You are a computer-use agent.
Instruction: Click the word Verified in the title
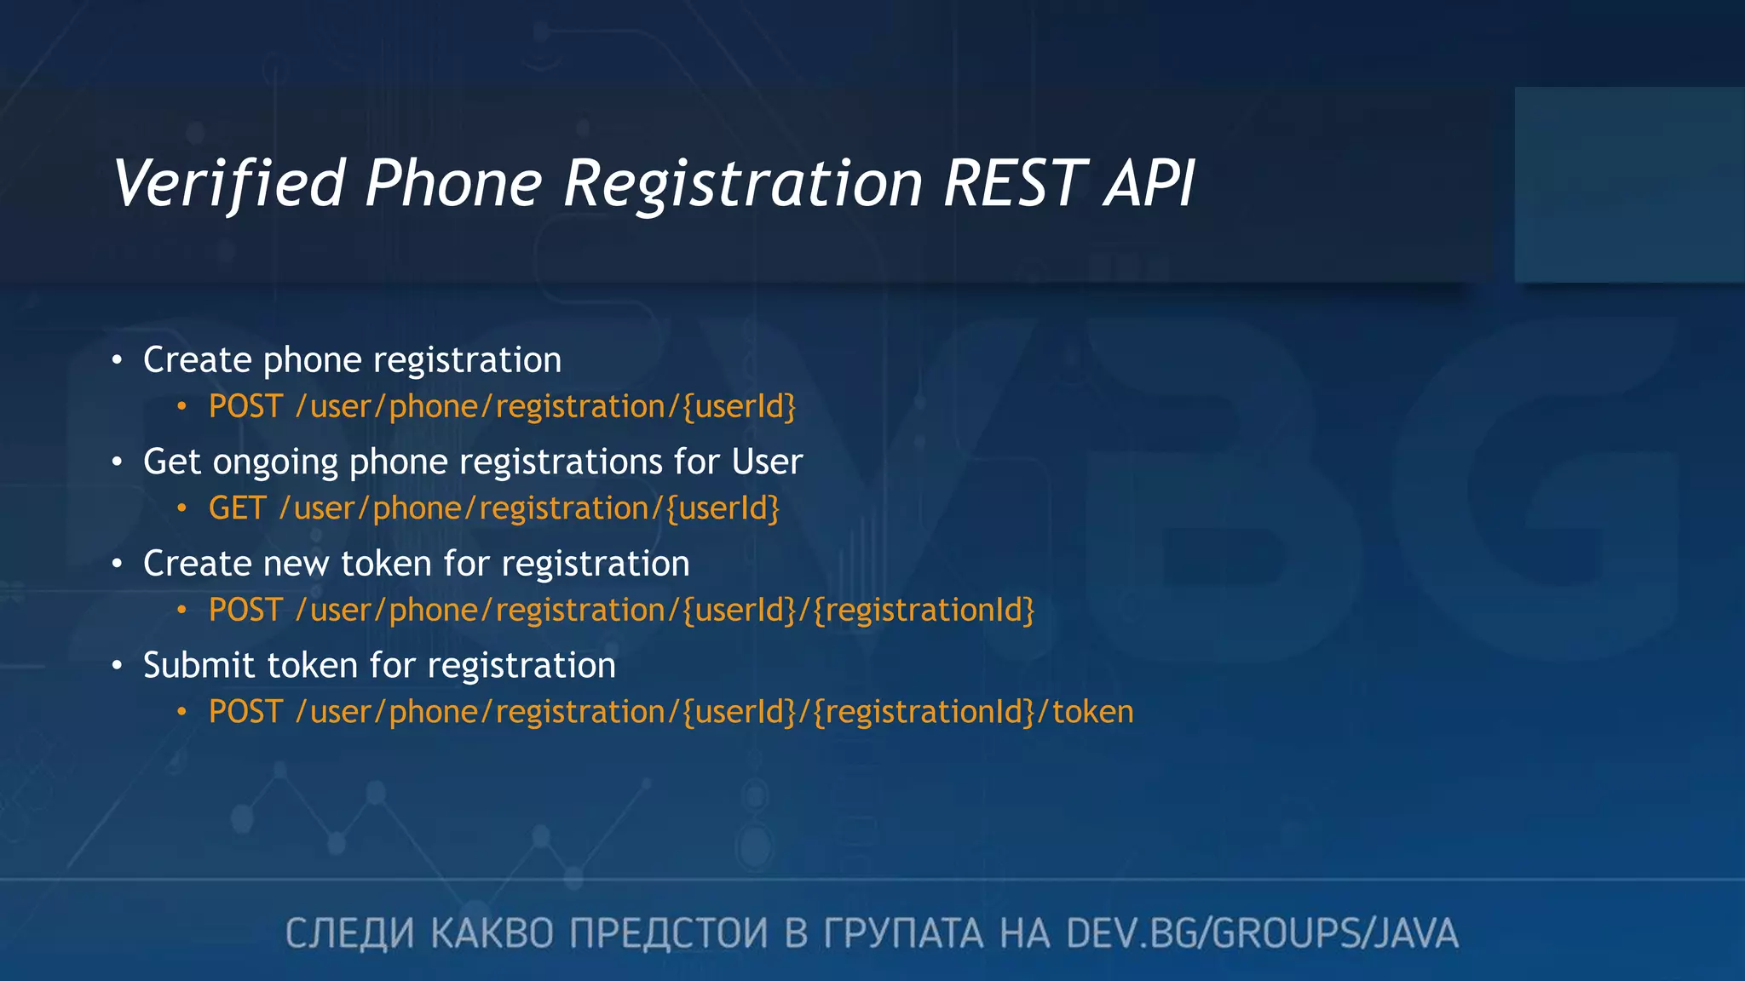coord(228,184)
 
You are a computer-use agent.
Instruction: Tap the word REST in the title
coord(1015,184)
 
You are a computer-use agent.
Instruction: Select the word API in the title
coord(1150,184)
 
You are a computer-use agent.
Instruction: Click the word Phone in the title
coord(454,184)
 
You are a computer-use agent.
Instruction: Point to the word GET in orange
coord(238,508)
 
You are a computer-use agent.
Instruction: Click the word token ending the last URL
coord(1093,712)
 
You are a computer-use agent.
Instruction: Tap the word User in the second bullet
coord(767,462)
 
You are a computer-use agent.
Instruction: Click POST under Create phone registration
coord(245,407)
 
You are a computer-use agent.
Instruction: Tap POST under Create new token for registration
coord(245,611)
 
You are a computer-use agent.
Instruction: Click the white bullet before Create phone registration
coord(118,360)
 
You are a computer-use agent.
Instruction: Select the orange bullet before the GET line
coord(181,509)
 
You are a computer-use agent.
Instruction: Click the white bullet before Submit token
coord(118,666)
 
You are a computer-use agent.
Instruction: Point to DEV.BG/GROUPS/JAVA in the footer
coord(1262,933)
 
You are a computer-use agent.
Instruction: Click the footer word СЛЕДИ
coord(349,933)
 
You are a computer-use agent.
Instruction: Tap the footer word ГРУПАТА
coord(903,933)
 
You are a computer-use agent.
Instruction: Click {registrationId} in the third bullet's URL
coord(924,611)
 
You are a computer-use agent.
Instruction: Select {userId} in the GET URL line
coord(723,509)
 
